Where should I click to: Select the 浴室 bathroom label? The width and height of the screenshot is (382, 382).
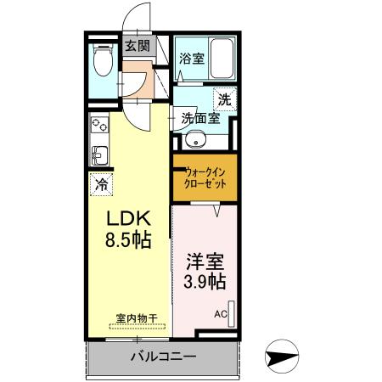(191, 59)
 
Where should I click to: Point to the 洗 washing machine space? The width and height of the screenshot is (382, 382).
(224, 98)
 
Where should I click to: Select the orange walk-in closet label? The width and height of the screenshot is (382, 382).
(205, 178)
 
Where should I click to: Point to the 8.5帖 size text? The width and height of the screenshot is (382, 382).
(128, 240)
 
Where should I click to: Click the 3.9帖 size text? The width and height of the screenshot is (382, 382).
(205, 281)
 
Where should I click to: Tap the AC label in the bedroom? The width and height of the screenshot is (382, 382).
(220, 314)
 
